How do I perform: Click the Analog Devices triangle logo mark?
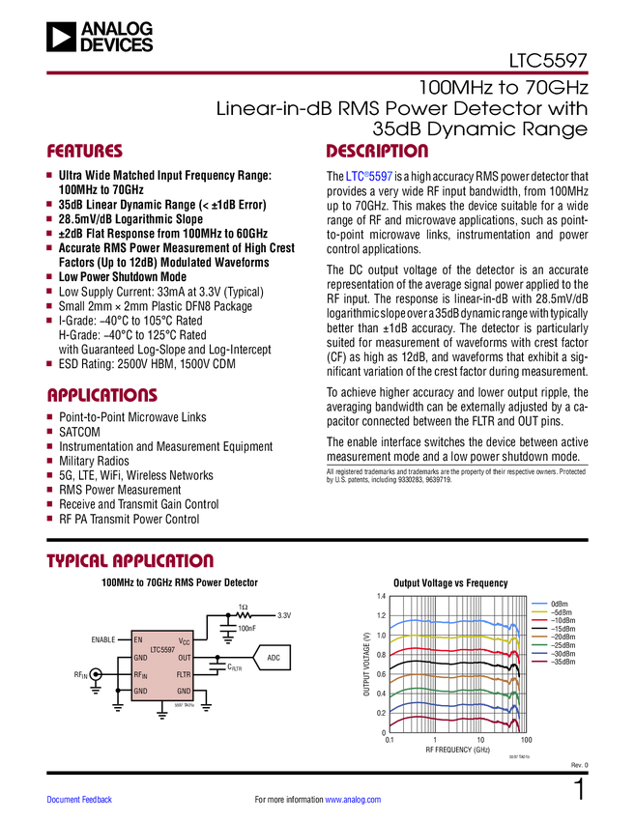(61, 37)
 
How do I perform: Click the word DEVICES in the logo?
(117, 44)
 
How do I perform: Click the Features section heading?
(85, 152)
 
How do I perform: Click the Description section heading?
(377, 152)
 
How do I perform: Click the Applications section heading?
(102, 396)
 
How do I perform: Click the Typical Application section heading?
(130, 561)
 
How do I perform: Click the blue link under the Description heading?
(368, 177)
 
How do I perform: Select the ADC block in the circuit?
(273, 658)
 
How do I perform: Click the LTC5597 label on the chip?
(161, 649)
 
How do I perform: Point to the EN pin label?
(138, 639)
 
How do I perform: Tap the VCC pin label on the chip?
(184, 640)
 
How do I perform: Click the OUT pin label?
(184, 658)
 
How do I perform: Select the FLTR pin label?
(184, 674)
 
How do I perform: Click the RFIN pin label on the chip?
(140, 674)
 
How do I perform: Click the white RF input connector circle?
(96, 673)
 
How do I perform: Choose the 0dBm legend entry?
(558, 603)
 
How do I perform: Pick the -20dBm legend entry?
(560, 637)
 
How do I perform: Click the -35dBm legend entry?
(560, 663)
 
